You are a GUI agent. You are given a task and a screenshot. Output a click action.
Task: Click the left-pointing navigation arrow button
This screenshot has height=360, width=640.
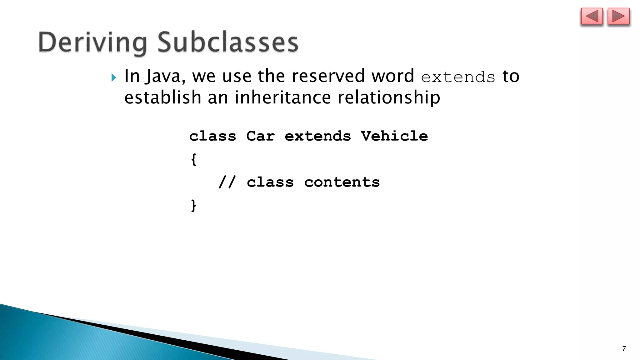pyautogui.click(x=592, y=17)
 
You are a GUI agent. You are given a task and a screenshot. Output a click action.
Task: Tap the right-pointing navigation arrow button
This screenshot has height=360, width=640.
pyautogui.click(x=618, y=17)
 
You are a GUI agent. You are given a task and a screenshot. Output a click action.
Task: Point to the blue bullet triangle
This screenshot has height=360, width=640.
pyautogui.click(x=114, y=77)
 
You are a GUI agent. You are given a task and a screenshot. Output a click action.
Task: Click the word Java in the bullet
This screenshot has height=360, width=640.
pyautogui.click(x=164, y=76)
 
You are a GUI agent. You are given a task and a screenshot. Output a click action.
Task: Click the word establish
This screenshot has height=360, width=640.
pyautogui.click(x=163, y=97)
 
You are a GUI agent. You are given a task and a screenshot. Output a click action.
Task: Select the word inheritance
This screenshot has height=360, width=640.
pyautogui.click(x=282, y=97)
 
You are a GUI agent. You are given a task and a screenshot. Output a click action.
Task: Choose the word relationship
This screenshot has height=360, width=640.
pyautogui.click(x=389, y=98)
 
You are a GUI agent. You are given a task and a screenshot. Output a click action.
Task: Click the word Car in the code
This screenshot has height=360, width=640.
pyautogui.click(x=260, y=136)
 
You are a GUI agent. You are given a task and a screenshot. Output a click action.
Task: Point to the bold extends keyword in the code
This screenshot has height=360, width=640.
pyautogui.click(x=318, y=136)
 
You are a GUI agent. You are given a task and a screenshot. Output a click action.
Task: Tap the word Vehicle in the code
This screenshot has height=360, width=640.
pyautogui.click(x=394, y=136)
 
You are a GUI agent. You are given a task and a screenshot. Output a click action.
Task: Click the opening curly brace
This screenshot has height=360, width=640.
pyautogui.click(x=194, y=159)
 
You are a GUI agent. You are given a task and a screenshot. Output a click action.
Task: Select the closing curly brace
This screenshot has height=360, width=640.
pyautogui.click(x=194, y=206)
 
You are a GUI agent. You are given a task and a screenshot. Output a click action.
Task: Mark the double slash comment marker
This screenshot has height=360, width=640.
pyautogui.click(x=227, y=182)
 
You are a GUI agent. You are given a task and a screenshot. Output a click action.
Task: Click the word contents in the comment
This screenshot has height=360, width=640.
pyautogui.click(x=342, y=182)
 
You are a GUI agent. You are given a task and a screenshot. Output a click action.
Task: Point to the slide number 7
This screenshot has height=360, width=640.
pyautogui.click(x=624, y=349)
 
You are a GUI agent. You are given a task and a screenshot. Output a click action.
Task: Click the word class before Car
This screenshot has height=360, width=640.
pyautogui.click(x=212, y=136)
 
